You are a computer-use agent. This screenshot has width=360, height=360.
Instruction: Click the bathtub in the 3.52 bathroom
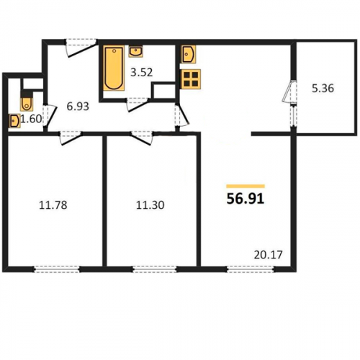pyautogui.click(x=114, y=68)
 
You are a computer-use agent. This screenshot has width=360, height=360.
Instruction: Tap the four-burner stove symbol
pyautogui.click(x=191, y=79)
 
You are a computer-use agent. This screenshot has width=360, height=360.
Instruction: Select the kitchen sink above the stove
pyautogui.click(x=189, y=54)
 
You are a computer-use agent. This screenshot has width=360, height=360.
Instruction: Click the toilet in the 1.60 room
pyautogui.click(x=27, y=102)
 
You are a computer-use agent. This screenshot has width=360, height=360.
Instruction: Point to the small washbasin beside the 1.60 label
pyautogui.click(x=14, y=121)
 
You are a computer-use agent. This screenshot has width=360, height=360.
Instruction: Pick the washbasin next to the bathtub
pyautogui.click(x=136, y=51)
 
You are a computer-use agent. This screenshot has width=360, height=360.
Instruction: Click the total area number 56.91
pyautogui.click(x=246, y=199)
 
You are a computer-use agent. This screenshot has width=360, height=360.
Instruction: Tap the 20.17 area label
pyautogui.click(x=268, y=255)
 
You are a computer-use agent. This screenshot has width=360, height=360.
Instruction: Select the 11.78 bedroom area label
pyautogui.click(x=53, y=205)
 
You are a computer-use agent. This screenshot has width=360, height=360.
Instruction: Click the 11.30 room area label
pyautogui.click(x=150, y=205)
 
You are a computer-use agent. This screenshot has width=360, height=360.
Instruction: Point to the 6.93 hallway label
pyautogui.click(x=78, y=107)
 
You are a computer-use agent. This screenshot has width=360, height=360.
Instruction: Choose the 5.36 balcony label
pyautogui.click(x=323, y=89)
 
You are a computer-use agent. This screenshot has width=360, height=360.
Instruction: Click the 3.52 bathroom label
pyautogui.click(x=142, y=72)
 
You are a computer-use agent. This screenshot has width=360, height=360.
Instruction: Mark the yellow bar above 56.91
pyautogui.click(x=246, y=186)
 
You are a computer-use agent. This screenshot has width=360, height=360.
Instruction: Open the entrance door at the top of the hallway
pyautogui.click(x=81, y=48)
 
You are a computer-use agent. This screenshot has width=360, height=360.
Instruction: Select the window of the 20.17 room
pyautogui.click(x=251, y=269)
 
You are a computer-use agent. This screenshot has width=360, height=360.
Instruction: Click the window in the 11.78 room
pyautogui.click(x=57, y=269)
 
